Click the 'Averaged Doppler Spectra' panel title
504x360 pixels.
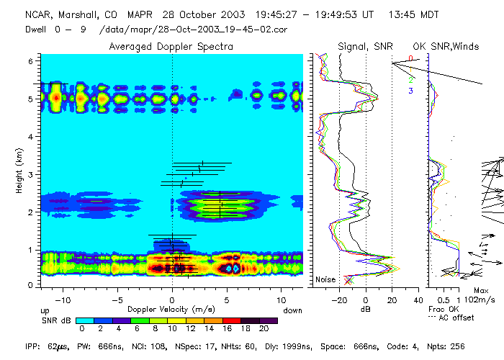(171, 47)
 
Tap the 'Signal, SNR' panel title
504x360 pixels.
(365, 47)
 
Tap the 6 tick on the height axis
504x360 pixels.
(30, 62)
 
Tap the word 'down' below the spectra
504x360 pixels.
(292, 309)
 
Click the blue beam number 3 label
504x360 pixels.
(410, 91)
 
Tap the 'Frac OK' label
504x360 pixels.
(443, 309)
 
